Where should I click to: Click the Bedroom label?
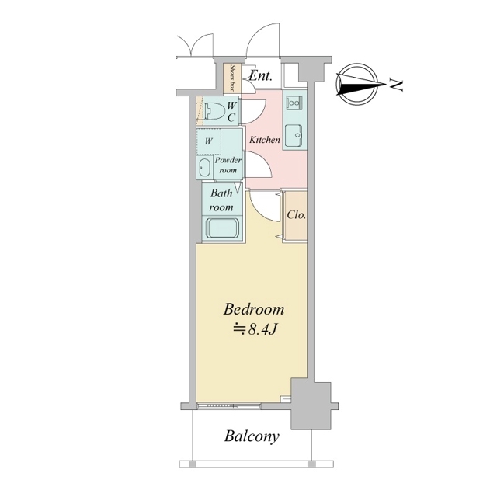(x=254, y=309)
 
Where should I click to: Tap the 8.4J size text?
(x=255, y=329)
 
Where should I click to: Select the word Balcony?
(x=252, y=436)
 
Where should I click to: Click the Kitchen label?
(x=265, y=140)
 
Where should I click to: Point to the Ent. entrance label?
(x=261, y=76)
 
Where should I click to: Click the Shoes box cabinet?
(x=233, y=78)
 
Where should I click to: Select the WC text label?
(x=231, y=112)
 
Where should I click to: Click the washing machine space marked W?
(x=209, y=141)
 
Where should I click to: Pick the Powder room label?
(x=228, y=165)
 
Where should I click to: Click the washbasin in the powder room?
(x=204, y=168)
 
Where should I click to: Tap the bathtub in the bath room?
(x=224, y=228)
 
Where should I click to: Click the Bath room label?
(x=221, y=200)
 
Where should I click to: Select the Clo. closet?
(x=295, y=217)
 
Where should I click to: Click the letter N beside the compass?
(x=397, y=85)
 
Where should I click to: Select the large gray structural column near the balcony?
(x=311, y=405)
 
